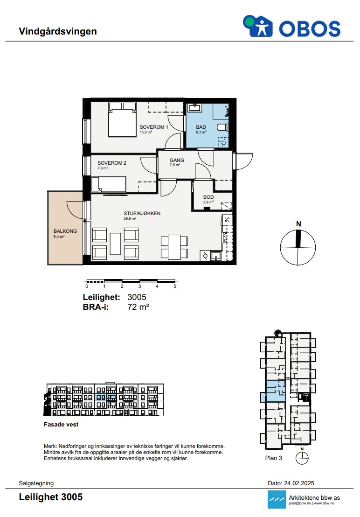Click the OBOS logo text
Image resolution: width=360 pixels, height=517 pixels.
coord(310,28)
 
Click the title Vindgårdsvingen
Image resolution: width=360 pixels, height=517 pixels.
coord(58,31)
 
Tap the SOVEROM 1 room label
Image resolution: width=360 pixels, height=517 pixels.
coord(154,127)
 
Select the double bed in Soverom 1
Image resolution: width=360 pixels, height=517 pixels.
coord(122,119)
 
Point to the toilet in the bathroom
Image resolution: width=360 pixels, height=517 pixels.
coord(223,127)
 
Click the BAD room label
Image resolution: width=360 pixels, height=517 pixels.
coord(201,127)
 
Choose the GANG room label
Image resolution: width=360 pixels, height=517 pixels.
coord(177,160)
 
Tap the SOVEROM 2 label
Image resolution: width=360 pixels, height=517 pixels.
coord(112,163)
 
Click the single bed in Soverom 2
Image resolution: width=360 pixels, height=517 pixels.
coord(109,184)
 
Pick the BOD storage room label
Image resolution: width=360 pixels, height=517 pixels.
coord(208,197)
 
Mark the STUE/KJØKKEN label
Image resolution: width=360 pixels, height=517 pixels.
coord(142,213)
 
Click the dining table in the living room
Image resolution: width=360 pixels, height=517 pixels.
coord(174,247)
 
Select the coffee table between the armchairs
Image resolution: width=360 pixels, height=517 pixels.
coord(115,244)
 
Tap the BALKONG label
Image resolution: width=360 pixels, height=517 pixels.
coord(65,231)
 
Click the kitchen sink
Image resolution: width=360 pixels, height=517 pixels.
coord(216,256)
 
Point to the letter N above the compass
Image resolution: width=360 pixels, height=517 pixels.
coord(298,224)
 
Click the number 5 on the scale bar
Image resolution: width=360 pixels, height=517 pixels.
coord(175,286)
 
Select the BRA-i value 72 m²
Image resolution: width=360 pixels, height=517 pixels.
coord(138,307)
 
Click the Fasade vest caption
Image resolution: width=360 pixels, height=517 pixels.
coord(61,425)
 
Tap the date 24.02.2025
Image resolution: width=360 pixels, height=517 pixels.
coord(299,483)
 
